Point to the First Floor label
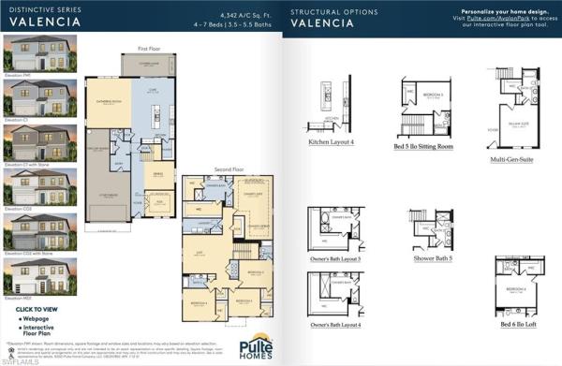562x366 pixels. (149, 47)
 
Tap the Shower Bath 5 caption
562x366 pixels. (432, 257)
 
